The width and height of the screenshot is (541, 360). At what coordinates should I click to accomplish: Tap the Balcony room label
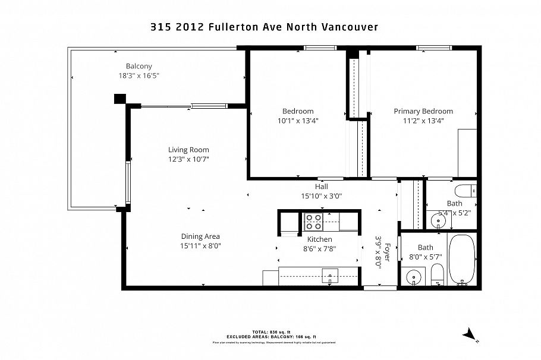coord(139,66)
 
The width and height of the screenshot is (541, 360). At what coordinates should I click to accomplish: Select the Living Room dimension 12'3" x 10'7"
coord(188,159)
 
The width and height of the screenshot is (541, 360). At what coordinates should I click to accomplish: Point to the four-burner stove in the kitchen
coord(313,222)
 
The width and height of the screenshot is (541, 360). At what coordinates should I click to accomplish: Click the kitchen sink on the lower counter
coord(329,275)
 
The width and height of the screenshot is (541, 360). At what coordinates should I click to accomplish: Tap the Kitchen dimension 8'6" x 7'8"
coord(319,249)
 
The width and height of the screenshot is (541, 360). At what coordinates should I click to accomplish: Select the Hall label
coord(322,186)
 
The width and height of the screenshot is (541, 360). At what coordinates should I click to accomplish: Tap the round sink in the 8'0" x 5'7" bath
coord(413,277)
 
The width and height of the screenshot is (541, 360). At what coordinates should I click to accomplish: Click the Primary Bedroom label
coord(423,111)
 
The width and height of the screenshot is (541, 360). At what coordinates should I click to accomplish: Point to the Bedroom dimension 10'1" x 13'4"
coord(297,121)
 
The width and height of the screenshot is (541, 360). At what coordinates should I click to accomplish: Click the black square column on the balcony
coord(120,99)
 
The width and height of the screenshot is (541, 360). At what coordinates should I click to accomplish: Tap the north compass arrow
coord(470,334)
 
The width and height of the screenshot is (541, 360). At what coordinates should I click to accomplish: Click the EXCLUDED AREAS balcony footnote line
coord(270,336)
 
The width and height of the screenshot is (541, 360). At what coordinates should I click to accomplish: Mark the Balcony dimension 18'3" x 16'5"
coord(139,75)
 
